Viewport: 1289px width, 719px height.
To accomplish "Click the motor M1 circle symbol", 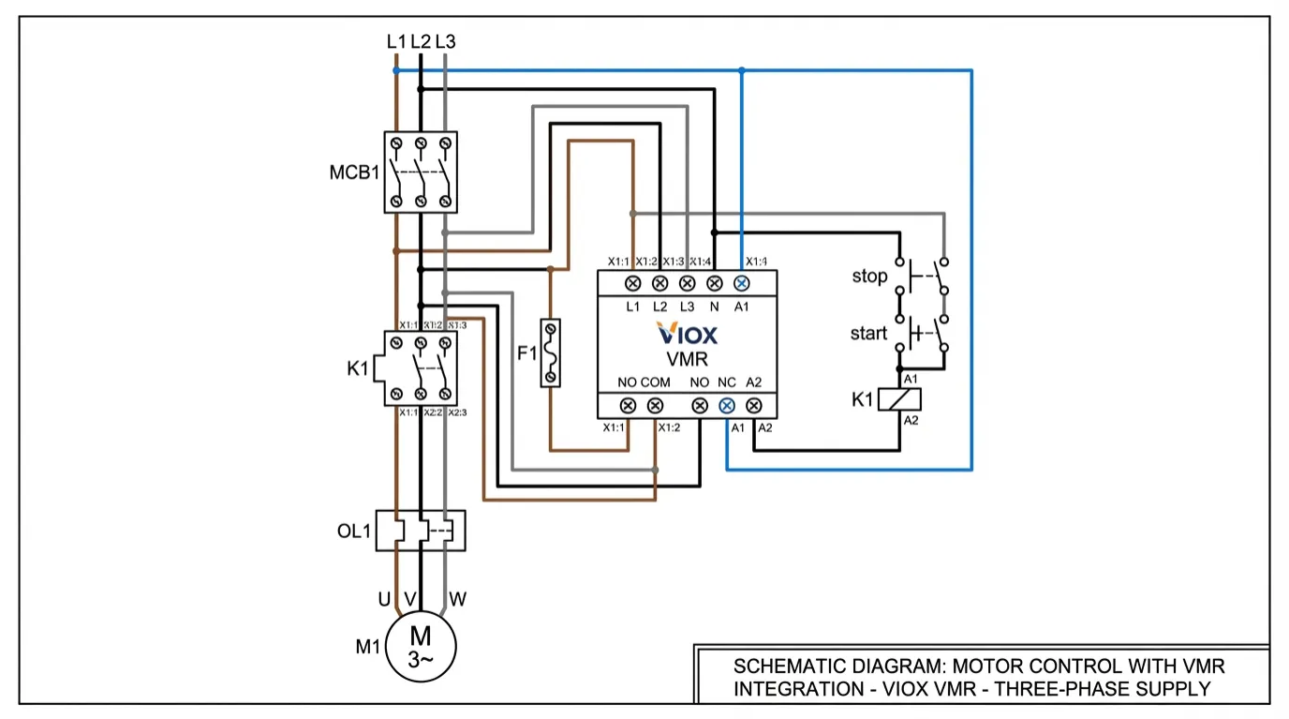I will [421, 645].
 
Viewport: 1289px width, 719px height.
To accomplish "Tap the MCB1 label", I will [354, 172].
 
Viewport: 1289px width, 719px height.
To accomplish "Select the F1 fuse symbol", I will [552, 352].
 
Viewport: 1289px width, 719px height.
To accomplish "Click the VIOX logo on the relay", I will [688, 335].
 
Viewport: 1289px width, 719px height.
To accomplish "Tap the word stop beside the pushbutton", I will [868, 277].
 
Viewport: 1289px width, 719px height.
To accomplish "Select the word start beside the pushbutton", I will [868, 334].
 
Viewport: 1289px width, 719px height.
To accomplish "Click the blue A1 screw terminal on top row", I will [741, 282].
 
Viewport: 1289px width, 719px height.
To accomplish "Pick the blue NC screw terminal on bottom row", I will [726, 406].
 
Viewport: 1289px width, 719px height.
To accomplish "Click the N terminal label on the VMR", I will [714, 307].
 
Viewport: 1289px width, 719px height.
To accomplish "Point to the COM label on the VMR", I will [655, 382].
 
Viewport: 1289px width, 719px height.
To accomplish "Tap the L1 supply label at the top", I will [396, 41].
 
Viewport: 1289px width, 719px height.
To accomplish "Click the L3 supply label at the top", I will [446, 41].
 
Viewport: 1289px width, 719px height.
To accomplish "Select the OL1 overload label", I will [354, 532].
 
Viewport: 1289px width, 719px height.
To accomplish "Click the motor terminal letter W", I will [457, 598].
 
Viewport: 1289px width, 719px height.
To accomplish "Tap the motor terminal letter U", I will [384, 598].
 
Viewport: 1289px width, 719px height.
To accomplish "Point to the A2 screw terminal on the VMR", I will [753, 406].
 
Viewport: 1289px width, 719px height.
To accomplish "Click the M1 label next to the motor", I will [368, 646].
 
